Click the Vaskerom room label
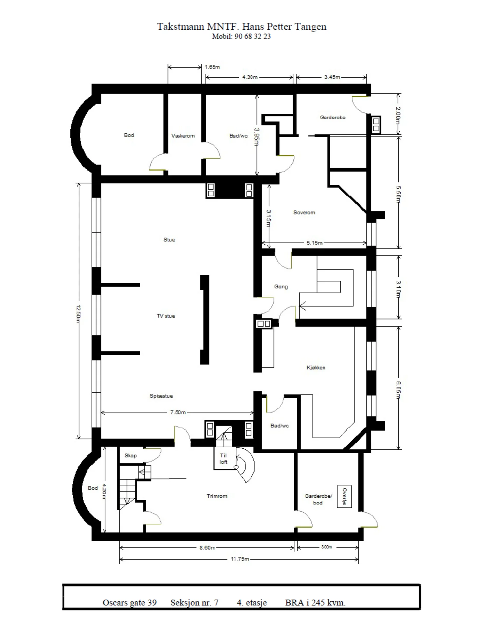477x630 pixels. (x=183, y=136)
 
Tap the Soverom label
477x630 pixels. (x=304, y=212)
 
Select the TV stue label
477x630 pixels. (x=166, y=316)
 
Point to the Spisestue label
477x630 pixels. (x=161, y=396)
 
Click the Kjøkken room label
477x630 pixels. (x=316, y=367)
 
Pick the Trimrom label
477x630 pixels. (x=217, y=496)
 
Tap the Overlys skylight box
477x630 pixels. (x=344, y=496)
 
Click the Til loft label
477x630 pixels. (x=223, y=458)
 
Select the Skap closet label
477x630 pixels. (x=130, y=456)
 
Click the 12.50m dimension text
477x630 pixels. (x=78, y=311)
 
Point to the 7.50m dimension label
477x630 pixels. (x=178, y=412)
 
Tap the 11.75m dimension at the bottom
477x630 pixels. (x=240, y=559)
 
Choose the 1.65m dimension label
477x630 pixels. (x=212, y=67)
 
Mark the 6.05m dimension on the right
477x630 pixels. (x=398, y=390)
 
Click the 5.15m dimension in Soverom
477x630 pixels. (x=315, y=243)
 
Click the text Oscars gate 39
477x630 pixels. (x=129, y=602)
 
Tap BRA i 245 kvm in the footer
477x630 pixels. (x=315, y=602)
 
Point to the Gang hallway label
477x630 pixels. (x=281, y=287)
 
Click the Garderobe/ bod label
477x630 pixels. (x=318, y=499)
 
